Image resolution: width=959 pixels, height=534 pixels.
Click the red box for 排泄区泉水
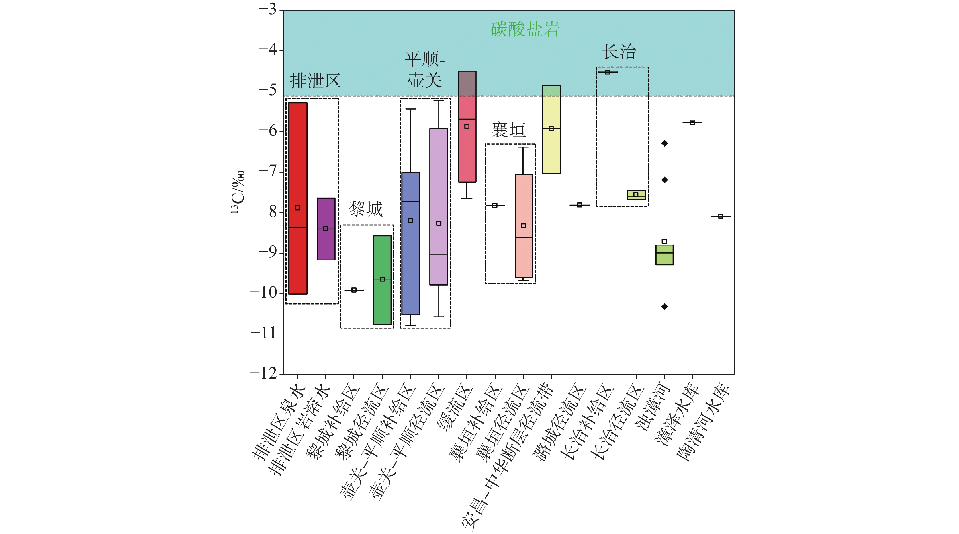click(298, 167)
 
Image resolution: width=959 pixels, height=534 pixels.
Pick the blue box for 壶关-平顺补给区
click(411, 261)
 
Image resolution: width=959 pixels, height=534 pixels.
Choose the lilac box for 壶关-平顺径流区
click(439, 179)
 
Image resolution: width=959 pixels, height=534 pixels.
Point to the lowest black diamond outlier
click(665, 307)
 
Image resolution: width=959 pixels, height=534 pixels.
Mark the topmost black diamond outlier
click(665, 143)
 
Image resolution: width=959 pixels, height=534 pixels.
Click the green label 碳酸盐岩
click(525, 29)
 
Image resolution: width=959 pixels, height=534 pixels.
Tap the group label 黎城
click(366, 208)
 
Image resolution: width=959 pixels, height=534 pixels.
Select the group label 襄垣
click(508, 130)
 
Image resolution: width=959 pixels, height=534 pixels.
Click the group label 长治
click(619, 51)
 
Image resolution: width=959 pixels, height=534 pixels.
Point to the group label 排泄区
click(315, 80)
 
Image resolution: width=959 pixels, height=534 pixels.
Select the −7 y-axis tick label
click(268, 171)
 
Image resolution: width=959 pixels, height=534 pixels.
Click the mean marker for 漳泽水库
click(692, 122)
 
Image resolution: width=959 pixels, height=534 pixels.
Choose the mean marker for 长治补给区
click(608, 72)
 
